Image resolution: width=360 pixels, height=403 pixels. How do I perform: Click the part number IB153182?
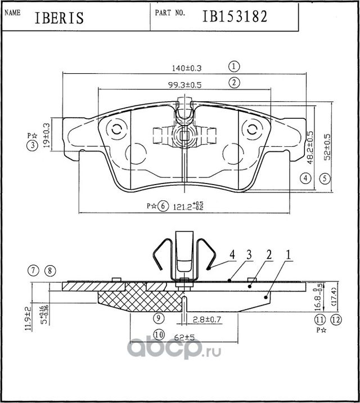(235, 16)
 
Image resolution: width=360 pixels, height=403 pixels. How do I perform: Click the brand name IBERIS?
(59, 17)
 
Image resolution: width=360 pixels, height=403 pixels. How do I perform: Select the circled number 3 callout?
(34, 146)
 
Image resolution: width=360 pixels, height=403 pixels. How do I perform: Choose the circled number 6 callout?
(163, 206)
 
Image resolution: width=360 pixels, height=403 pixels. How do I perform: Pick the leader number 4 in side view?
(232, 255)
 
